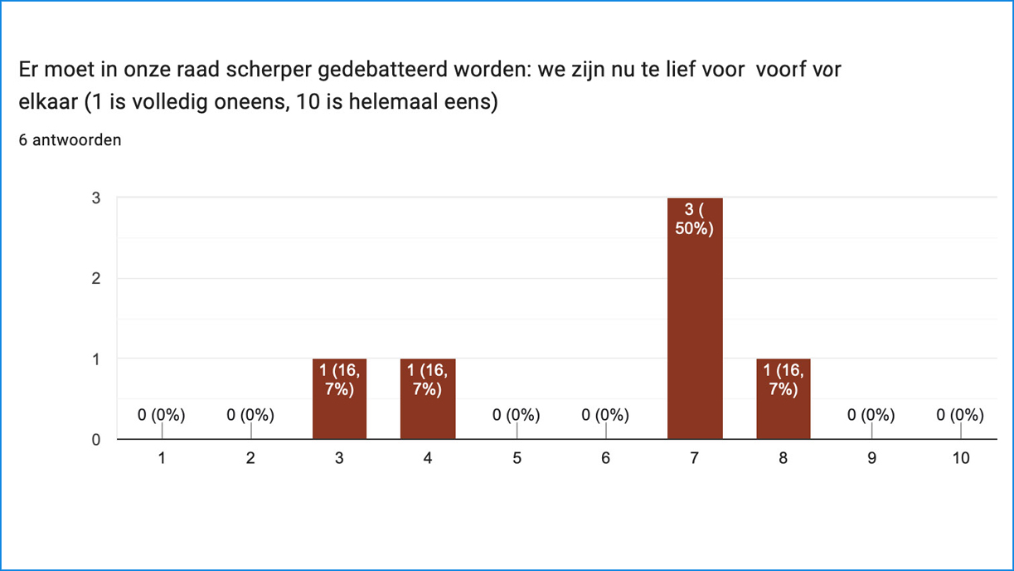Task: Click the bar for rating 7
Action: (x=695, y=332)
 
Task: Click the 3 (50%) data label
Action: (x=695, y=219)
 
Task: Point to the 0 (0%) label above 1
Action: (x=162, y=415)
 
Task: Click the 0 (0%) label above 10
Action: (x=960, y=415)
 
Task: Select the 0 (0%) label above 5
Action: (x=517, y=415)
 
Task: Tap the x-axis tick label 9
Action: (x=871, y=457)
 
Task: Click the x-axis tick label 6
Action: (x=605, y=457)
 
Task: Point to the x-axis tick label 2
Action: (x=250, y=457)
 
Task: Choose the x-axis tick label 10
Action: (x=960, y=457)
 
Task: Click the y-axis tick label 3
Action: (x=96, y=198)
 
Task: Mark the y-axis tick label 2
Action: (x=96, y=279)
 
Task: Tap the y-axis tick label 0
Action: (x=96, y=440)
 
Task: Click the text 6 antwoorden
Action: (x=70, y=140)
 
